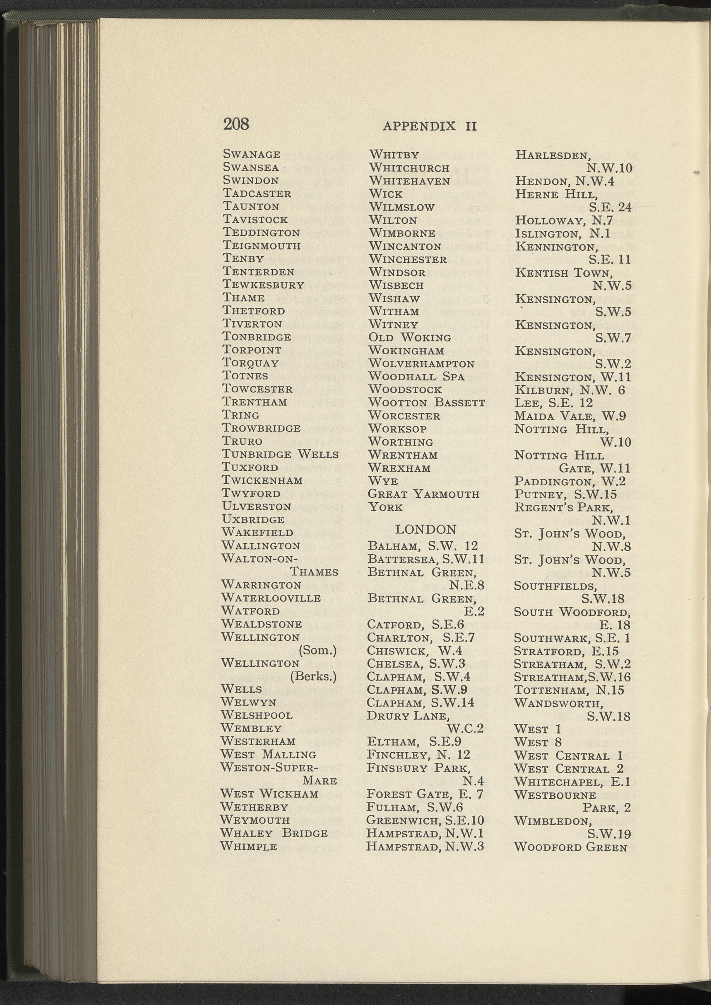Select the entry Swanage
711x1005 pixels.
[x=252, y=154]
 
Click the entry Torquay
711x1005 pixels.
[x=250, y=363]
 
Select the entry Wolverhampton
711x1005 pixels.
[x=421, y=364]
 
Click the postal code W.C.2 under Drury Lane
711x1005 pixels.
[x=465, y=729]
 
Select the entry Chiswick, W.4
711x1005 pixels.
[x=414, y=651]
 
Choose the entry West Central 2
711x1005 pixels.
[x=569, y=768]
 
